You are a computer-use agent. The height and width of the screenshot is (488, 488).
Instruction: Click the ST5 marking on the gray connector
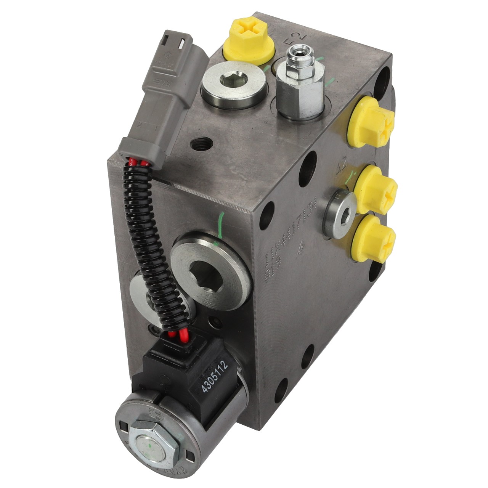(x=156, y=82)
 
